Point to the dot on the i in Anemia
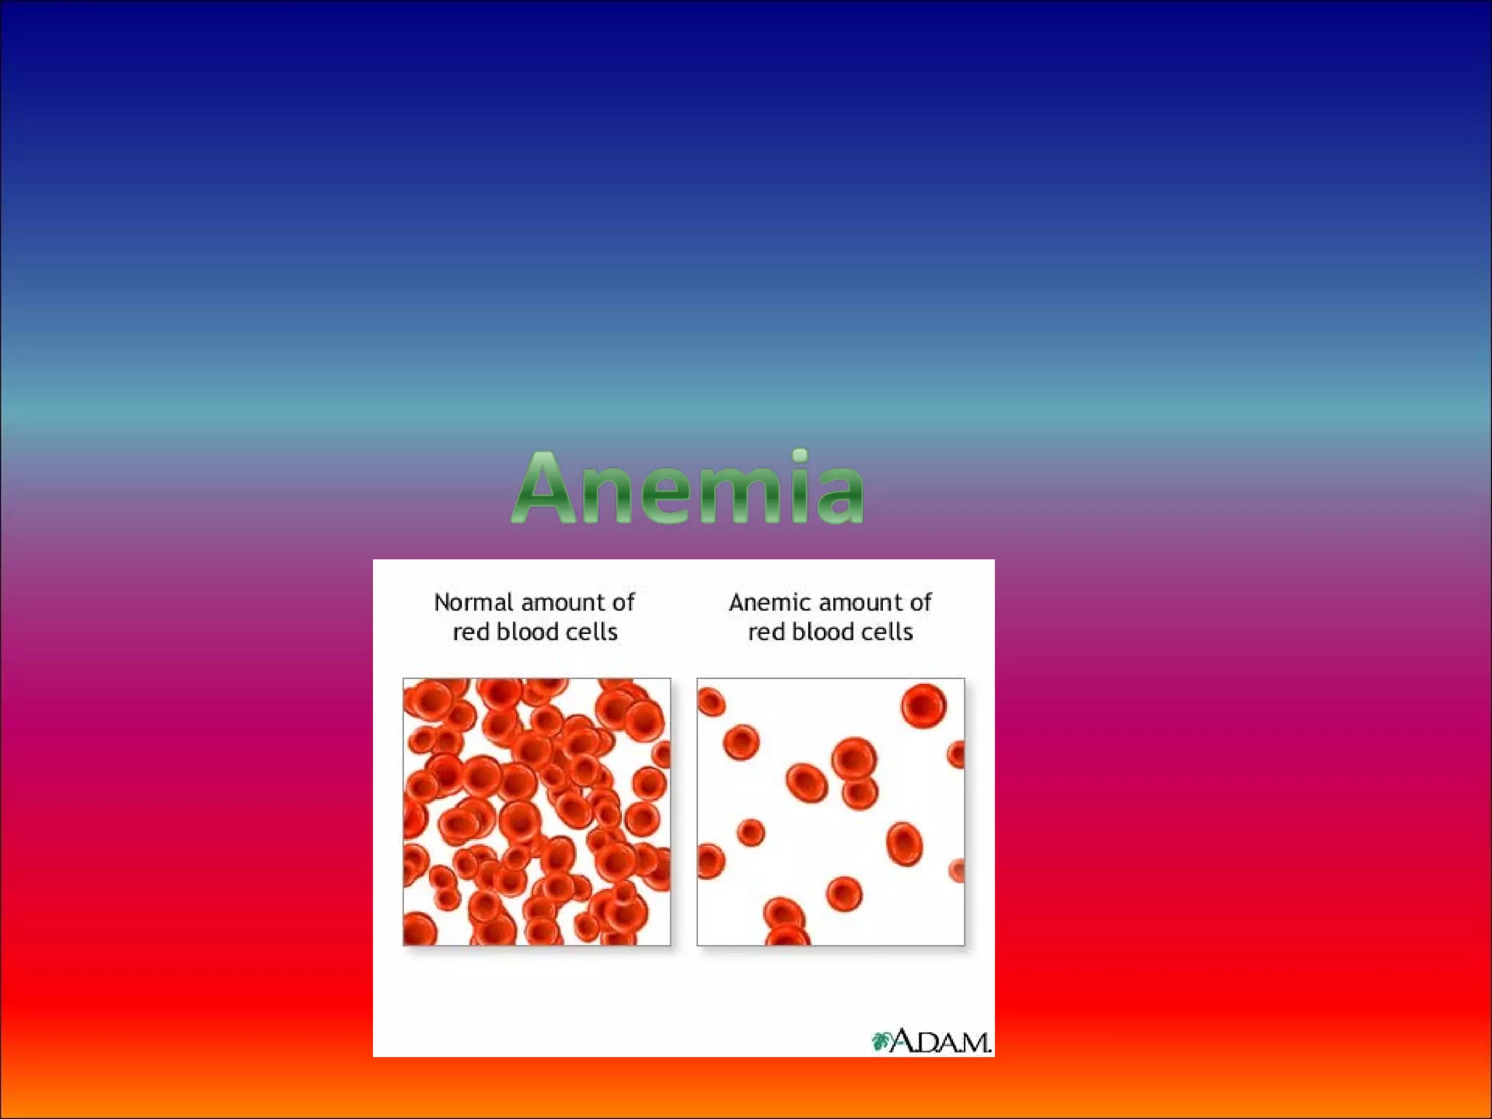tap(800, 456)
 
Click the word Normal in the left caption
tap(474, 602)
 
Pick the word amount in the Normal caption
tap(562, 602)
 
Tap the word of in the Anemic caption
tap(919, 602)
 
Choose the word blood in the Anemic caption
tap(822, 632)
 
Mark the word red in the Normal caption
tap(471, 632)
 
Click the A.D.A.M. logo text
tap(941, 1042)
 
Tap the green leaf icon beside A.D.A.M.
tap(882, 1041)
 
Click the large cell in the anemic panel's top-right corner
tap(923, 705)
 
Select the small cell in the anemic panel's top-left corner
tap(711, 702)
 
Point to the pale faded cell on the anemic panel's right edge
tap(957, 871)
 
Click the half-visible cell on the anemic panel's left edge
tap(709, 861)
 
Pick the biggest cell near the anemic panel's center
tap(854, 759)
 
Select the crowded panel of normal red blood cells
tap(536, 812)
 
